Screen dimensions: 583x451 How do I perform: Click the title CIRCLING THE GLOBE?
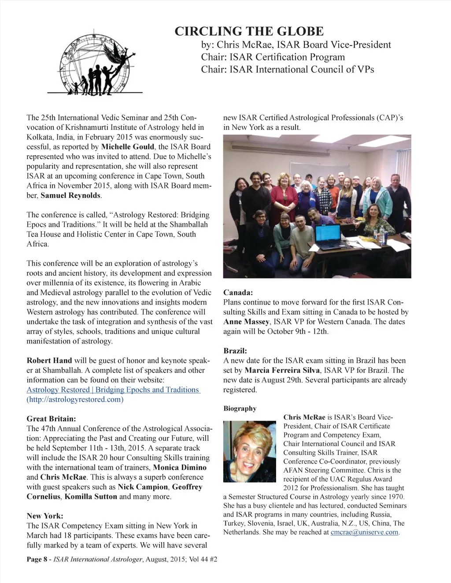249,32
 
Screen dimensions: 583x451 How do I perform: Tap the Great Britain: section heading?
51,418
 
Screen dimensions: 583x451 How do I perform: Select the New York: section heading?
45,516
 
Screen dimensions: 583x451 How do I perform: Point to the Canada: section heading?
238,293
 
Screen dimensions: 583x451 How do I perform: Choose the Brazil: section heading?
235,351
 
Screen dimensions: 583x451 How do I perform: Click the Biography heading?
240,408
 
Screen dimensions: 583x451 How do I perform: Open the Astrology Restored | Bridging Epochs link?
113,390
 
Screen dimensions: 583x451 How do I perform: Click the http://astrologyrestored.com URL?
75,400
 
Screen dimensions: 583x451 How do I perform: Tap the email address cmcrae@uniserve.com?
364,532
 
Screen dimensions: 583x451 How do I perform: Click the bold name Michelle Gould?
128,147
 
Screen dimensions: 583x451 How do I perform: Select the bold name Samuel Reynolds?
70,195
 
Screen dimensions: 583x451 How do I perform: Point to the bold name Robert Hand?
49,361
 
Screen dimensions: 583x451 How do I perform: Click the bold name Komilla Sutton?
91,496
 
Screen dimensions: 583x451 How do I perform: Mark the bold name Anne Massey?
246,322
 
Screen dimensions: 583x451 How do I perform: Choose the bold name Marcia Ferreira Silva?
282,370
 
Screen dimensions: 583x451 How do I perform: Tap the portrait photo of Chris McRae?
249,451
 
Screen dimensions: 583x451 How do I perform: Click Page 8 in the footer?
37,560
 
